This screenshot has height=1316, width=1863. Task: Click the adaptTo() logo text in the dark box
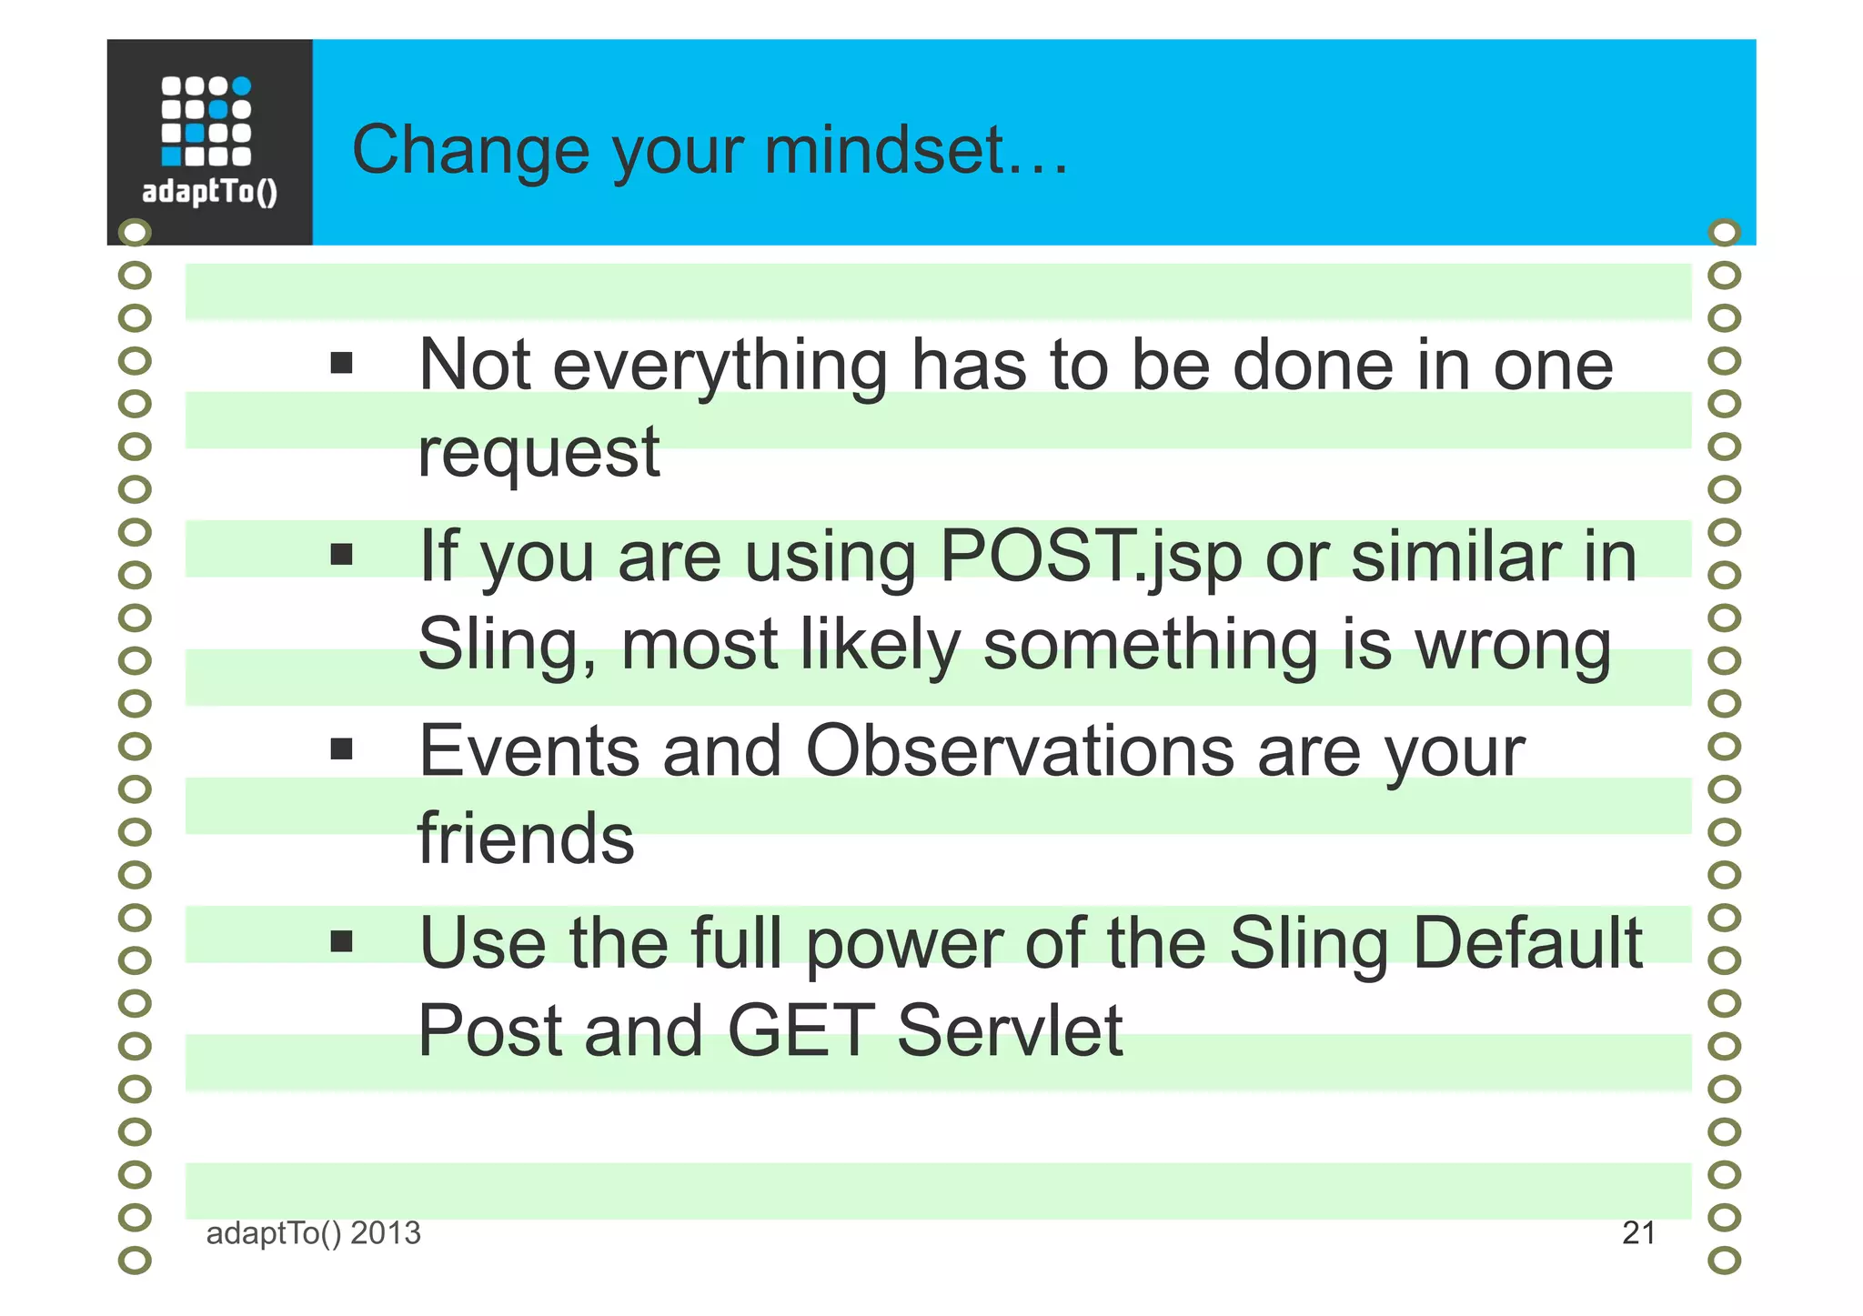(209, 192)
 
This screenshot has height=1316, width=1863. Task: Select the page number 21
(1638, 1233)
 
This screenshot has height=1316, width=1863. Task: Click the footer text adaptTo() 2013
(313, 1233)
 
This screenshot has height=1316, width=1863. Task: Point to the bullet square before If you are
(341, 555)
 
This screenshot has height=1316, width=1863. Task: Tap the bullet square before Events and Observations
(341, 749)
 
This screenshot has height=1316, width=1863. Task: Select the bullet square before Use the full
(341, 941)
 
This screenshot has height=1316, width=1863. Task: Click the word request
(539, 453)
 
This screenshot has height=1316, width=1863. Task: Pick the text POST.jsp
(1090, 557)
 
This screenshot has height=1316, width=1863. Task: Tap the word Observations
(1020, 751)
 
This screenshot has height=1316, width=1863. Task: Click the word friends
(526, 838)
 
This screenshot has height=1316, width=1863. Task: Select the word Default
(1527, 943)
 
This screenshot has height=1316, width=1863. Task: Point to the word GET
(801, 1030)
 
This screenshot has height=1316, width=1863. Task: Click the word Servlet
(1010, 1030)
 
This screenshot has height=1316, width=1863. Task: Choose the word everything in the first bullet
(720, 367)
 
